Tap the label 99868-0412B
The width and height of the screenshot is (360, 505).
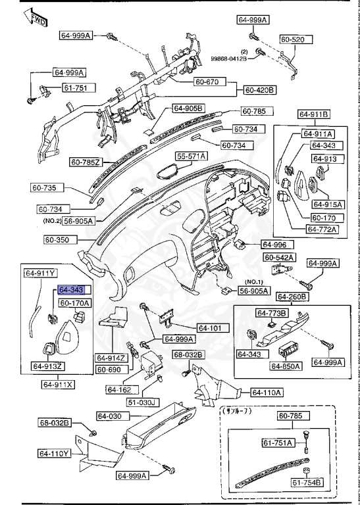[x=229, y=59]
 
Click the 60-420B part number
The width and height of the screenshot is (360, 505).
[x=260, y=89]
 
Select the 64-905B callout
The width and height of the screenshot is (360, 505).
[x=189, y=108]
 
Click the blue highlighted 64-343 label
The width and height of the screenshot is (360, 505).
[x=72, y=290]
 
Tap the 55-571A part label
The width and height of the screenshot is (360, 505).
[x=191, y=156]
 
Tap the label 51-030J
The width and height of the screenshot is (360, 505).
[x=142, y=401]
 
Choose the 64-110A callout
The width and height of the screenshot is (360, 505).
[x=266, y=393]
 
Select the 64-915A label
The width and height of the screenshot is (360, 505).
[x=325, y=204]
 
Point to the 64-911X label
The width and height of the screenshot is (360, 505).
[x=58, y=384]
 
